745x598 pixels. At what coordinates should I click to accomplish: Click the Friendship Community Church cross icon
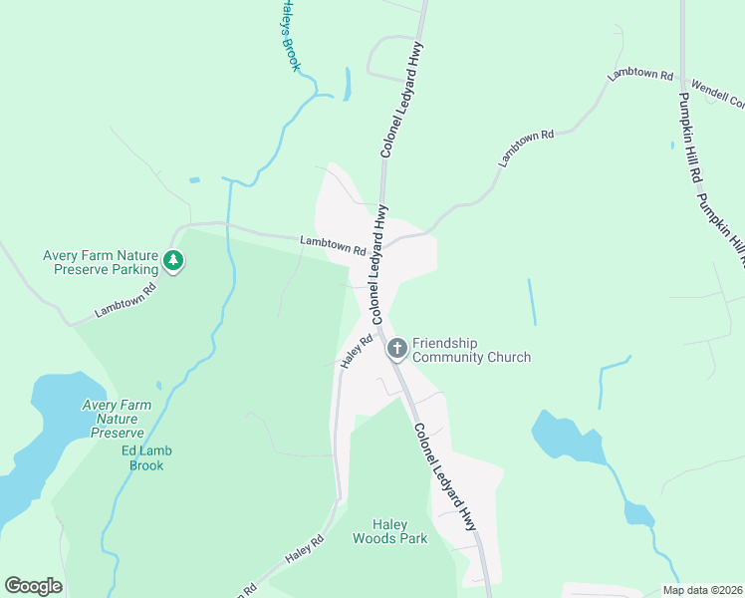[396, 348]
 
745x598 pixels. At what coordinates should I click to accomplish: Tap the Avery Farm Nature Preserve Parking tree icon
[174, 261]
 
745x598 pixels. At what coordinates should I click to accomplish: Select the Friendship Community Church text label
[471, 350]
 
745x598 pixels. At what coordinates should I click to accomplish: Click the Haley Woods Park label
[389, 531]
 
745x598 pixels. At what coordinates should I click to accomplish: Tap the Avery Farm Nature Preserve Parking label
[101, 262]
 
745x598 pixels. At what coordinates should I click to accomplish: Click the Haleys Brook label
[285, 35]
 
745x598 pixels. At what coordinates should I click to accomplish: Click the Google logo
[33, 586]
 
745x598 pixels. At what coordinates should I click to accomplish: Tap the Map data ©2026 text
[702, 590]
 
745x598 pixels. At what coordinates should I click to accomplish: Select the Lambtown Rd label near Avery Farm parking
[126, 301]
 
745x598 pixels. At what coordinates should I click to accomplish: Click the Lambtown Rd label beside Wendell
[641, 75]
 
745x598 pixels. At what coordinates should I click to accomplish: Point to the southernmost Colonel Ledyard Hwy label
[445, 475]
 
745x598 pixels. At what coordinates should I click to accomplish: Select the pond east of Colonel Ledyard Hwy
[564, 438]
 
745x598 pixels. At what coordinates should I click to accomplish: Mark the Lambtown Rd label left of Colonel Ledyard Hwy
[333, 245]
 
